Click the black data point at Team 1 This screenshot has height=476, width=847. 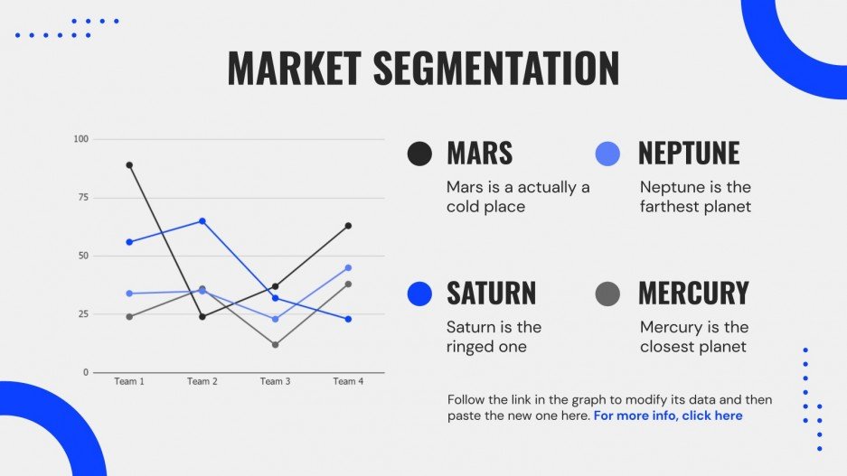coord(129,165)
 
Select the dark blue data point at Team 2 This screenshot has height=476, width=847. coord(202,221)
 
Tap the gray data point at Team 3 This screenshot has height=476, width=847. coord(276,345)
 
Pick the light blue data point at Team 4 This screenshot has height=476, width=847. coord(348,267)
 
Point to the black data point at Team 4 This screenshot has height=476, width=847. coord(348,226)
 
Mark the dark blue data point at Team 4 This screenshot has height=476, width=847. coord(348,320)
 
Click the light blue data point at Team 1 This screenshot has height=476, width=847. coord(129,294)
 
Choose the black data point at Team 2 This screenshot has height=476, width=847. coord(202,317)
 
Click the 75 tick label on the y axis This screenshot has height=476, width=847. coord(82,198)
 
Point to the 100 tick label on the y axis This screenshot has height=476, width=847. coord(81,139)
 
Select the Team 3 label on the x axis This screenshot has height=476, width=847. coord(276,381)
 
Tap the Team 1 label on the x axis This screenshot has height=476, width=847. coord(129,381)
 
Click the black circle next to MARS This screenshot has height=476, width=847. coord(419,154)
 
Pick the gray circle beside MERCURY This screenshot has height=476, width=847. coord(607,294)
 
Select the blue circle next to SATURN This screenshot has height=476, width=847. coord(419,294)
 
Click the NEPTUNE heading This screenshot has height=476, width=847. coord(689,154)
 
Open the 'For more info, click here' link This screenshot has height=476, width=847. coord(668,415)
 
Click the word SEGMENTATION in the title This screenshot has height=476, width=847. coord(496,68)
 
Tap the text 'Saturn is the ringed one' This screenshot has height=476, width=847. coord(494,337)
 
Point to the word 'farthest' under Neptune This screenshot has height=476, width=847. coord(671,207)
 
